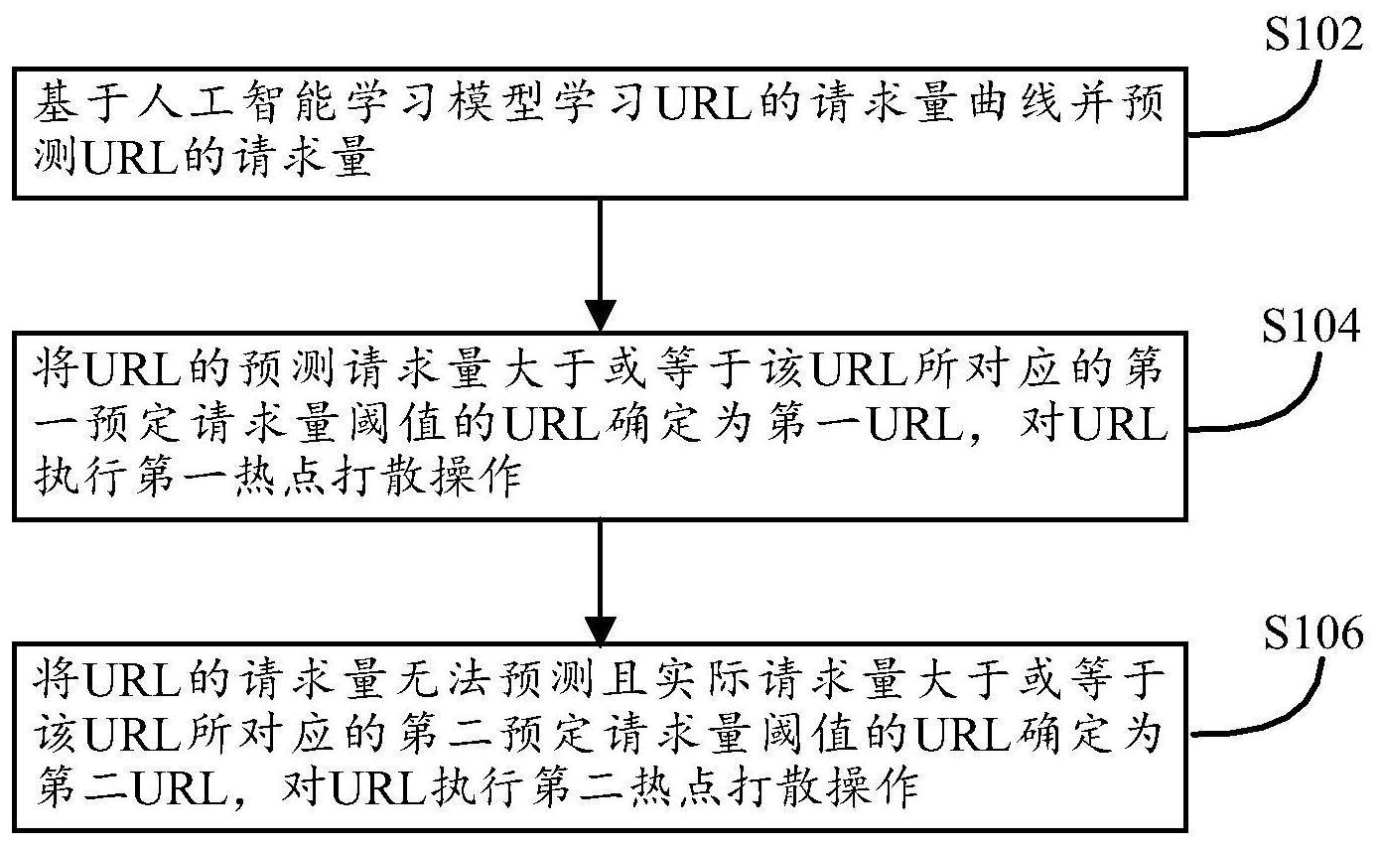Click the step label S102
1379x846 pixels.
tap(1313, 34)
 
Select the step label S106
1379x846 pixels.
tap(1313, 633)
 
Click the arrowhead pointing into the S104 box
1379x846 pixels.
tap(600, 315)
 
